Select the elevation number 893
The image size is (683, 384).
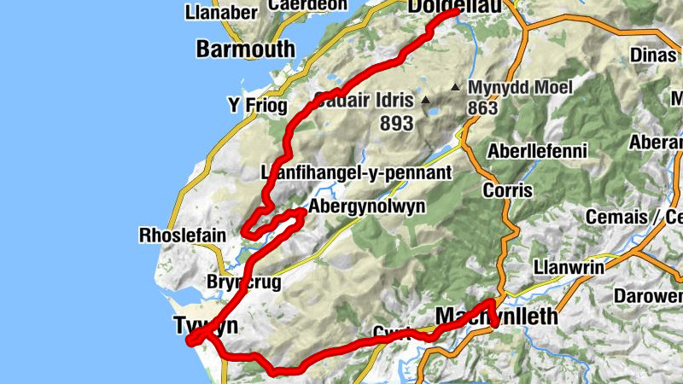[396, 124]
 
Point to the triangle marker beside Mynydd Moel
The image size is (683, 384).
[456, 87]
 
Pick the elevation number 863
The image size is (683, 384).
[482, 108]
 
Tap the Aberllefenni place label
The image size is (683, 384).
[537, 152]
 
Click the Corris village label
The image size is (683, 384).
[507, 189]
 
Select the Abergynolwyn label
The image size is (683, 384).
[366, 207]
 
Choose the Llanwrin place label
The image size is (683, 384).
[568, 267]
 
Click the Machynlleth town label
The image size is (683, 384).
[496, 317]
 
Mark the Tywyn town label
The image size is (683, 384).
[205, 326]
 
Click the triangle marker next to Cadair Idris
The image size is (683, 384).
[426, 101]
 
